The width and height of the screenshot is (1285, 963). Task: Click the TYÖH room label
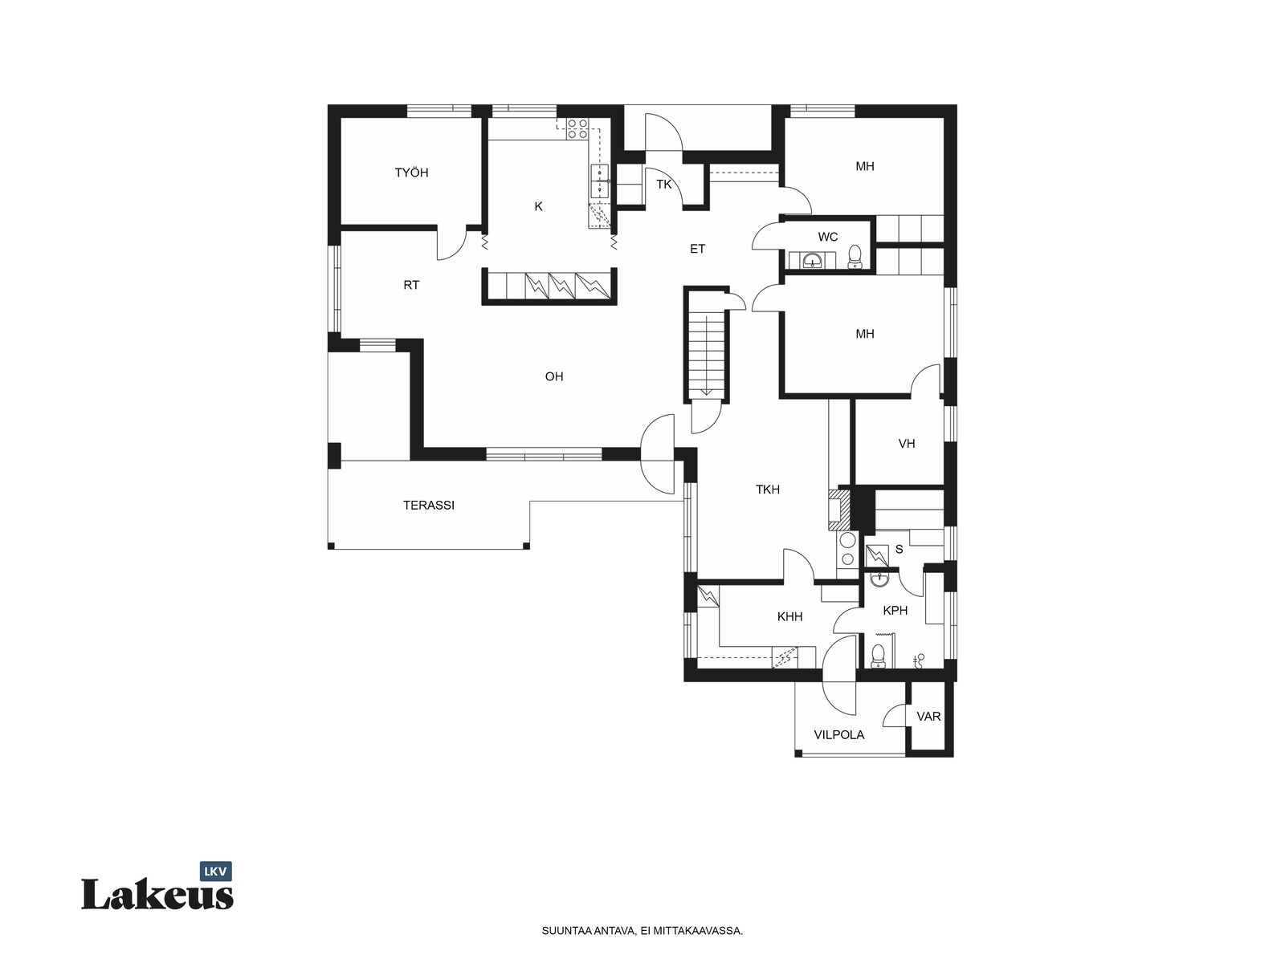[x=411, y=173]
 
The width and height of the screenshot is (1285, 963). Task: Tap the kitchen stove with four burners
[x=577, y=128]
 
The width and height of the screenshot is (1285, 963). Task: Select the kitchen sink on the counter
[x=600, y=181]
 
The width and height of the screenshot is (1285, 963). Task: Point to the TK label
[x=663, y=185]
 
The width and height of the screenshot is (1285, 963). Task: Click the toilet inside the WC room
[x=855, y=257]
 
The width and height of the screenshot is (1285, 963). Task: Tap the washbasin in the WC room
[x=812, y=259]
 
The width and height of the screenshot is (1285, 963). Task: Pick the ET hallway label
[x=697, y=249]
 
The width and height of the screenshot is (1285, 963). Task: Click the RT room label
[x=411, y=285]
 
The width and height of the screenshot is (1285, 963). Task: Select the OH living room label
[x=554, y=376]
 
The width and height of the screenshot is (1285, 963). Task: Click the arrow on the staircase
[x=707, y=356]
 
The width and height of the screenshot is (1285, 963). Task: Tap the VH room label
[x=906, y=444]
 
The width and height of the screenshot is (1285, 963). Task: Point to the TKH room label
[x=768, y=490]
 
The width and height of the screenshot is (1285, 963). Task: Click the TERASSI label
[x=429, y=506]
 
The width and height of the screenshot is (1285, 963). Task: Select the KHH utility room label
[x=789, y=616]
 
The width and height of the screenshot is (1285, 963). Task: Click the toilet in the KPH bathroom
[x=878, y=656]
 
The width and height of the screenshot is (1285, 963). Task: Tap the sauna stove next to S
[x=876, y=555]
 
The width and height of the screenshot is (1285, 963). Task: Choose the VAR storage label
[x=928, y=717]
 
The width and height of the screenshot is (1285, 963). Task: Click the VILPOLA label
[x=839, y=735]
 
